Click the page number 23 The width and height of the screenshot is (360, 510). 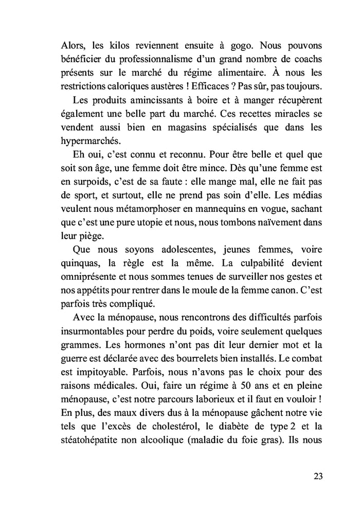318,476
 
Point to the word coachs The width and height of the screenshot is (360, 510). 307,58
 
